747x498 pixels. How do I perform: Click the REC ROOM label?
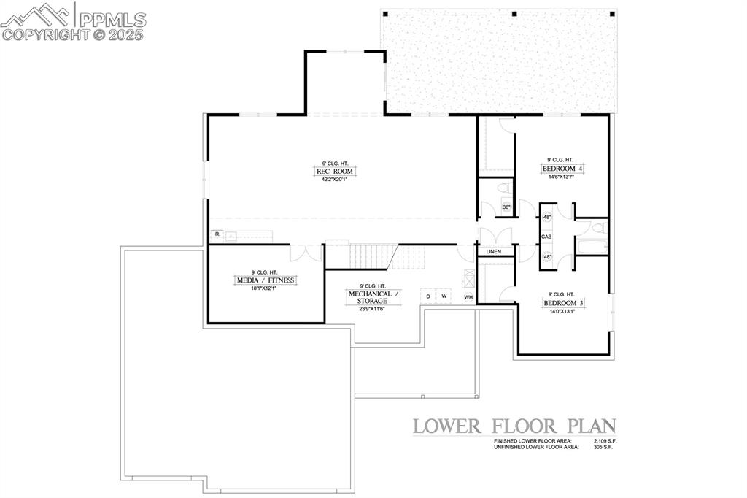pos(334,172)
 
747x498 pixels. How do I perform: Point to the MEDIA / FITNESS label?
pos(266,280)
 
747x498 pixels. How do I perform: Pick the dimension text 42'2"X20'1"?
pos(334,180)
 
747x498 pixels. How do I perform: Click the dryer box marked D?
pos(430,296)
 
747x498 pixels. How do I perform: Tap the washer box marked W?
pos(444,296)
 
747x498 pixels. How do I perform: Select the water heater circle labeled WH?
pos(468,296)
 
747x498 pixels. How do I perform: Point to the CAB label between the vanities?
pos(547,237)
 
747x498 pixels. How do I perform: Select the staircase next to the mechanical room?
pos(374,256)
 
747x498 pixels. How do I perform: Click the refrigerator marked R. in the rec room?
pos(217,235)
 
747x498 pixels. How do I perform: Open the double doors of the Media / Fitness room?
pos(306,253)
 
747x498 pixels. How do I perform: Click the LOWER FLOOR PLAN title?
pos(514,426)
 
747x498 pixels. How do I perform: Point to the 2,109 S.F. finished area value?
pos(603,442)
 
